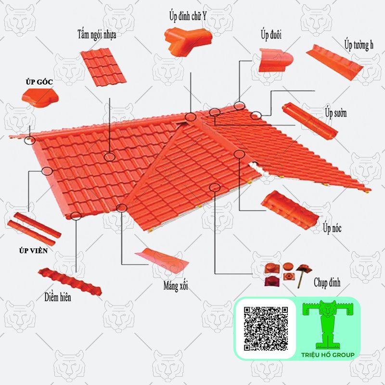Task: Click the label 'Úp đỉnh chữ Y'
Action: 188,16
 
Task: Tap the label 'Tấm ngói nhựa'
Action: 97,35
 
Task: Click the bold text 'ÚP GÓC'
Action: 39,82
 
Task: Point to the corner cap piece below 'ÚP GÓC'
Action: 40,98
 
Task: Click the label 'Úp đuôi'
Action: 271,35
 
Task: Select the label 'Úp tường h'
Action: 359,45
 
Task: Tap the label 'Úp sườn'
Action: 336,113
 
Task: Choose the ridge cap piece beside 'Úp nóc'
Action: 290,210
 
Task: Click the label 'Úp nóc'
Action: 332,228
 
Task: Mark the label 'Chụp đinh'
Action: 327,282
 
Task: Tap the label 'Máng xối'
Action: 176,286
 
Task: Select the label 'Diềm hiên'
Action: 58,297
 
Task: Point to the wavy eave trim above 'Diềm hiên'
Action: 70,281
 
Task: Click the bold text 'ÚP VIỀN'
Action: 33,251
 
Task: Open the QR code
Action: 266,328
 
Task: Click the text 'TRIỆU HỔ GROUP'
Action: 328,355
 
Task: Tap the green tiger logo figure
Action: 328,324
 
